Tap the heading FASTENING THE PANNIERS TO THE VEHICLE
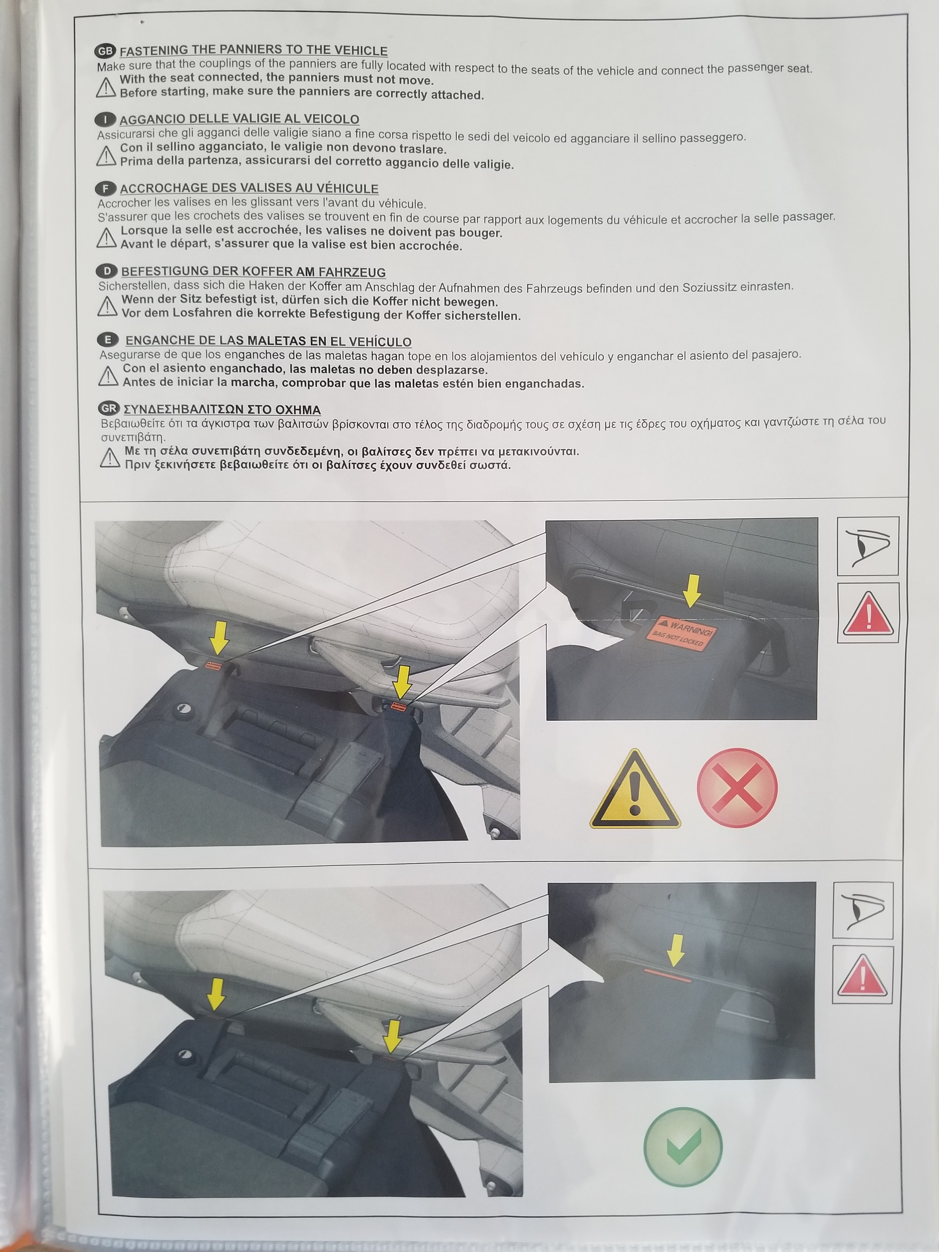pyautogui.click(x=254, y=50)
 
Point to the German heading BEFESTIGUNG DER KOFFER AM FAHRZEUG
pyautogui.click(x=254, y=272)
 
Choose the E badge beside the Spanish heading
pyautogui.click(x=107, y=340)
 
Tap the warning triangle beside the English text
pyautogui.click(x=106, y=87)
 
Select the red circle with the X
pyautogui.click(x=737, y=788)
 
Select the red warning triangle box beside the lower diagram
pyautogui.click(x=863, y=975)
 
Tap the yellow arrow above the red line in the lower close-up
pyautogui.click(x=675, y=950)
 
